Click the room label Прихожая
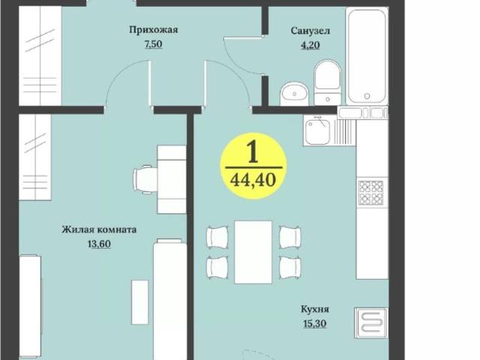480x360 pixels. click(153, 30)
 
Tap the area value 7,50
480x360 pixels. click(153, 44)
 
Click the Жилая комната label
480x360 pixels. click(99, 230)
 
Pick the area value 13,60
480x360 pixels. click(99, 244)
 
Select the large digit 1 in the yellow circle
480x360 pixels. click(253, 152)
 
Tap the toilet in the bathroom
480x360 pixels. click(327, 82)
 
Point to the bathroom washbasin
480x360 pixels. click(294, 94)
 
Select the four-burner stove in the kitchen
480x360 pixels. click(370, 193)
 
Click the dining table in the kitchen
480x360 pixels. click(253, 251)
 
